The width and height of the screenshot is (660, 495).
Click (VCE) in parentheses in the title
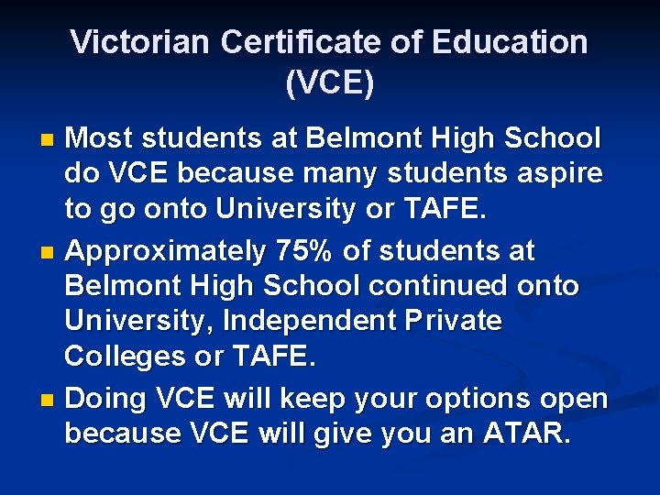click(329, 83)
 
